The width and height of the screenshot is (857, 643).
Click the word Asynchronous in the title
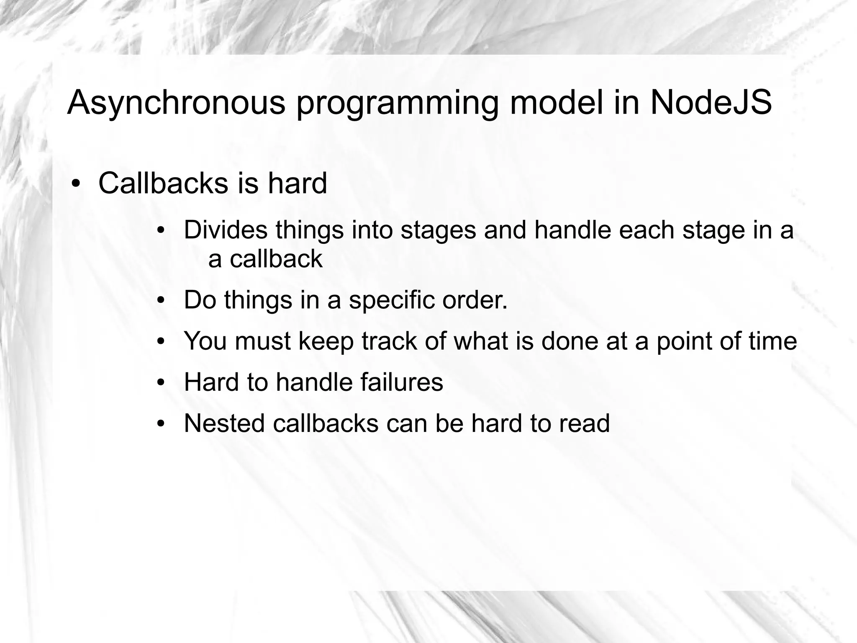pos(176,103)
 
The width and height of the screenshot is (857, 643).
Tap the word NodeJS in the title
pos(711,103)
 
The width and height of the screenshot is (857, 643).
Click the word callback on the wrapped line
pos(276,259)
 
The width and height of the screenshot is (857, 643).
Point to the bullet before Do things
pos(161,301)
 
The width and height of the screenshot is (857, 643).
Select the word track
pos(389,341)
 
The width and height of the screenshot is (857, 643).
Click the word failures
pos(401,382)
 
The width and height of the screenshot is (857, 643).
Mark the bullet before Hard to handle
pos(161,383)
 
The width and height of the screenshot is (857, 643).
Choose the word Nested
pos(224,423)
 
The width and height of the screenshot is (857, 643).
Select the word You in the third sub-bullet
pos(205,341)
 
